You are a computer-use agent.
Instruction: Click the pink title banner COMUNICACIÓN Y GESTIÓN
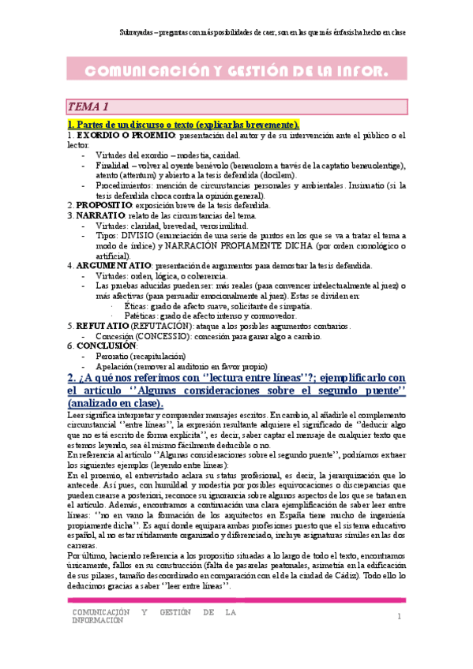236,73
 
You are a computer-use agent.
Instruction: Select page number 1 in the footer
400,616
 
